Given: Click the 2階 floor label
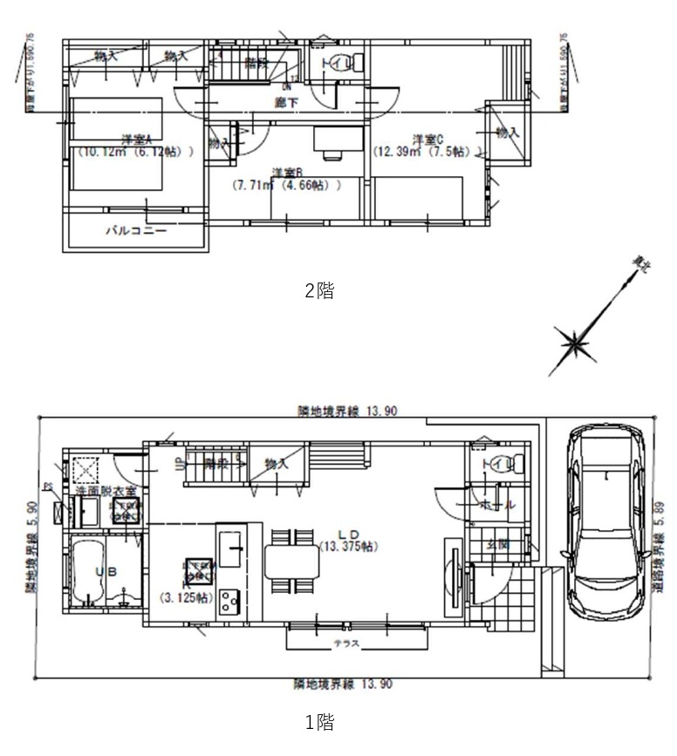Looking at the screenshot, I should (319, 291).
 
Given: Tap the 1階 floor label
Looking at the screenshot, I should (319, 722).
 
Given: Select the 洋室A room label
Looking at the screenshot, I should (137, 139).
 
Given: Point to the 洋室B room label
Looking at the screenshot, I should (286, 172).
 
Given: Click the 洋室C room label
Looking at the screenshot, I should (427, 139).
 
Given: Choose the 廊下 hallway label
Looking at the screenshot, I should (285, 102).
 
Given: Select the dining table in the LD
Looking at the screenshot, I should (291, 562).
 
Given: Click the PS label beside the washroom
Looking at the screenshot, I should (48, 487).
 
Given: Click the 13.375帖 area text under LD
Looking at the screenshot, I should (347, 547).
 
